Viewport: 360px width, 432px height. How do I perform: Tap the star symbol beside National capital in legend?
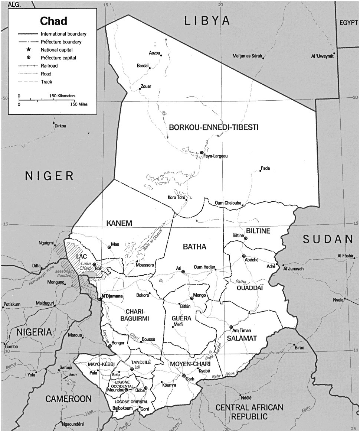coord(28,49)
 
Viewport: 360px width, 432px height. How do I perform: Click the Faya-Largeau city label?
coord(215,156)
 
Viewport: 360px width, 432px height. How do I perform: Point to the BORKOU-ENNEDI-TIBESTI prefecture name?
coord(213,127)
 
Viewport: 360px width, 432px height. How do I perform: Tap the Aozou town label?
coord(154,53)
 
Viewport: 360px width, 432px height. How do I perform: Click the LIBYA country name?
coord(207,22)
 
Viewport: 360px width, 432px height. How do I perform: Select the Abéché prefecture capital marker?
coord(244,256)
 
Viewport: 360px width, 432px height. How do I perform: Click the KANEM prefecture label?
coord(119,223)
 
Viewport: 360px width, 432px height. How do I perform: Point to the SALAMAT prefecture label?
coord(242,338)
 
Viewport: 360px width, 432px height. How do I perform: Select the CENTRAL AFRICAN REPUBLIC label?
coord(249,412)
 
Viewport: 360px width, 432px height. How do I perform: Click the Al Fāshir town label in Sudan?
coord(346,256)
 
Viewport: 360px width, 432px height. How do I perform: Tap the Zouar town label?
coord(145,86)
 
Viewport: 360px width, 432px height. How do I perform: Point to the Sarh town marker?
coord(183,376)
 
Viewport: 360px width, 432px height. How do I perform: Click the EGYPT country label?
coord(348,23)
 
